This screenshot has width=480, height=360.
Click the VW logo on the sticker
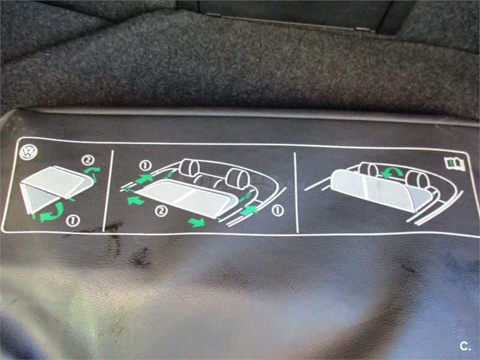click(28, 152)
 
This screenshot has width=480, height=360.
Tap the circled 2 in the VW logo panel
click(88, 160)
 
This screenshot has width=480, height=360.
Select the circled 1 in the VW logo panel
click(73, 220)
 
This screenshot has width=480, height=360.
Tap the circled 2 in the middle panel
click(161, 211)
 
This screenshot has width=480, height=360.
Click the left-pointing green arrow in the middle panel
click(136, 200)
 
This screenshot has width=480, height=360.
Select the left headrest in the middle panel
click(189, 167)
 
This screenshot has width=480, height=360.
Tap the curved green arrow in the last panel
click(392, 172)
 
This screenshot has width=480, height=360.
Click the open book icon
click(455, 163)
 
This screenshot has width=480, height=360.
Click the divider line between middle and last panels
click(296, 192)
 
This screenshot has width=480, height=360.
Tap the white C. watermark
click(465, 346)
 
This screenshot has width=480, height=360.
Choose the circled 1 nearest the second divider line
click(278, 211)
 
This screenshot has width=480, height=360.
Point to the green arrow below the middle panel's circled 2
click(197, 222)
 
